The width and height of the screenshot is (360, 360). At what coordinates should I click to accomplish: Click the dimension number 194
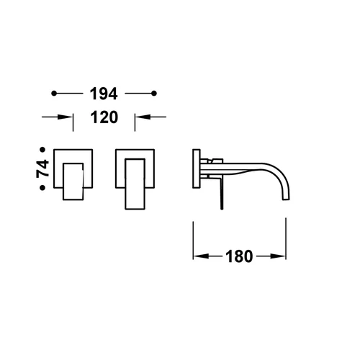click(104, 94)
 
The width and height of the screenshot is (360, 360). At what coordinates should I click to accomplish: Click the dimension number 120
click(104, 117)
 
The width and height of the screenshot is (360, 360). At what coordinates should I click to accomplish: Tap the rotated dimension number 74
click(42, 168)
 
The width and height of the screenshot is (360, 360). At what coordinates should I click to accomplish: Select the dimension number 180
click(239, 256)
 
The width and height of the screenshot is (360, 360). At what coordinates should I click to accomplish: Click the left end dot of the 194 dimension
click(54, 94)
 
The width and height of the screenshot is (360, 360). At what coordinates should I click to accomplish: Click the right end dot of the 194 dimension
click(154, 94)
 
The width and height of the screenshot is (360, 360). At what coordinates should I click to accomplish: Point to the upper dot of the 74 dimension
click(42, 150)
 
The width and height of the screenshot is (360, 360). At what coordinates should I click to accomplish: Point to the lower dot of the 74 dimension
click(42, 187)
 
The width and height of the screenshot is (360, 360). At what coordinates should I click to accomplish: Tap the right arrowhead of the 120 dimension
click(143, 117)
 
